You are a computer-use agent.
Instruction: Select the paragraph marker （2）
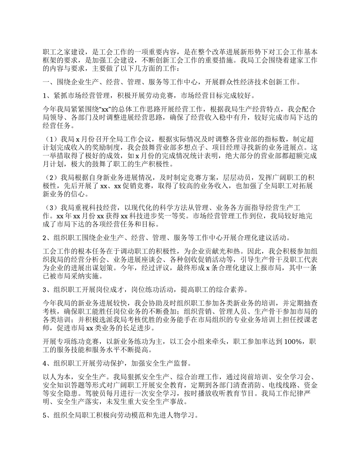point(52,178)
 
